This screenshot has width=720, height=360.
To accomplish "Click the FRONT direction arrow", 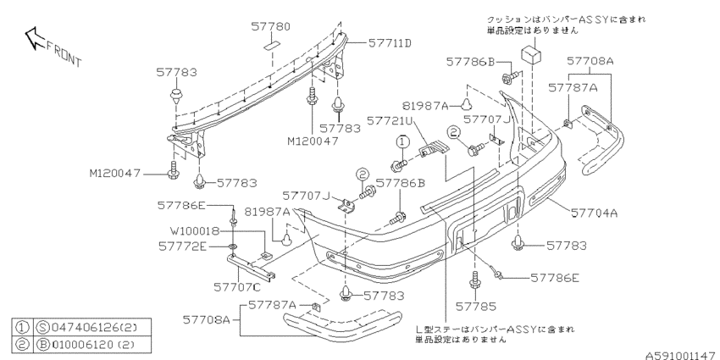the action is point(34,37).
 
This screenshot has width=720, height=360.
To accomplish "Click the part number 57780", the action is point(270,26).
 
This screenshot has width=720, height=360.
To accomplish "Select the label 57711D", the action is point(390,43).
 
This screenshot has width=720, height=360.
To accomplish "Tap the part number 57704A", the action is point(594,213).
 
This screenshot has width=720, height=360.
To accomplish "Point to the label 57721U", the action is point(390,120).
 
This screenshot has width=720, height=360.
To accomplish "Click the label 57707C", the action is point(237,287).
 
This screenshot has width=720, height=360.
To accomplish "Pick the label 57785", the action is point(476,307).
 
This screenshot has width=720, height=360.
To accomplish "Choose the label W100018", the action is point(196,230).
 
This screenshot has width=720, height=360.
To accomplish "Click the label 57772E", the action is point(183,246).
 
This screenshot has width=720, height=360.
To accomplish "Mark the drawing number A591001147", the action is point(683,355).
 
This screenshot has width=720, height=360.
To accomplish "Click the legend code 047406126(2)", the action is point(94,328).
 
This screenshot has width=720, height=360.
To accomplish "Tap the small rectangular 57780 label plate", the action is point(272,46).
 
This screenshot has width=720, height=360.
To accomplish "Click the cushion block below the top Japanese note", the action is point(531,53).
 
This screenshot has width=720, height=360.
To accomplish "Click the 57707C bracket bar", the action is point(252,269).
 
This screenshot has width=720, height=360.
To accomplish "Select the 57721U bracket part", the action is point(433,149).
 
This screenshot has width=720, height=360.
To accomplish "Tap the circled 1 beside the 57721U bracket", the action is point(402,141).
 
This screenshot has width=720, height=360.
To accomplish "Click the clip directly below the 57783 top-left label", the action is point(176,97).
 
